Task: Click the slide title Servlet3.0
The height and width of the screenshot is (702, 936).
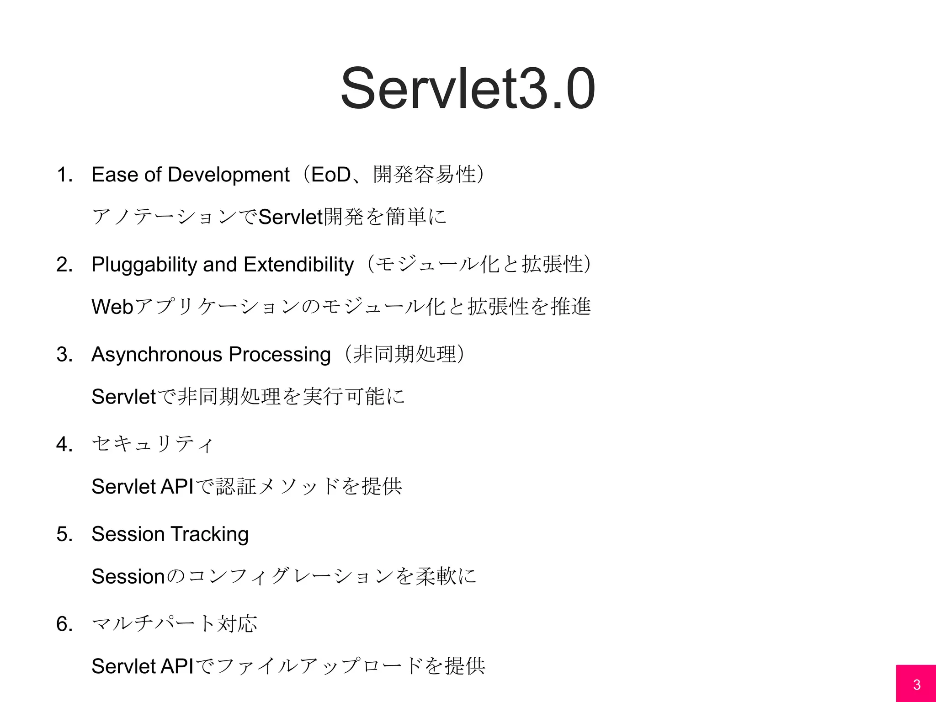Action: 468,88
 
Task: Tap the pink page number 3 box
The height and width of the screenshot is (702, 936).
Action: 916,684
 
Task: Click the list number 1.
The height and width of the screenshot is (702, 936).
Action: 64,175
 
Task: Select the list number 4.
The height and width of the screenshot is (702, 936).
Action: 64,444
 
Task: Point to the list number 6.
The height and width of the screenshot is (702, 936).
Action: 64,624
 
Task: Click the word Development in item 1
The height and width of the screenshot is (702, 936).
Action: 229,175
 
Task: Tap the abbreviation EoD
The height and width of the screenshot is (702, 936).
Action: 330,175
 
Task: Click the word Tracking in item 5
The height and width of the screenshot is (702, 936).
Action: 209,534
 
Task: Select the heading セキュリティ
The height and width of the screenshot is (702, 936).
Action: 152,444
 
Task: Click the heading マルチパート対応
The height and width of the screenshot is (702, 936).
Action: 174,624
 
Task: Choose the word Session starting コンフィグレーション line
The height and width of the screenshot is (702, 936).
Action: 128,576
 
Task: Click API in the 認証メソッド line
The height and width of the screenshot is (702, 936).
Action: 177,486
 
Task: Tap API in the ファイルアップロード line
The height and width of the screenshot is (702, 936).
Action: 177,666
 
